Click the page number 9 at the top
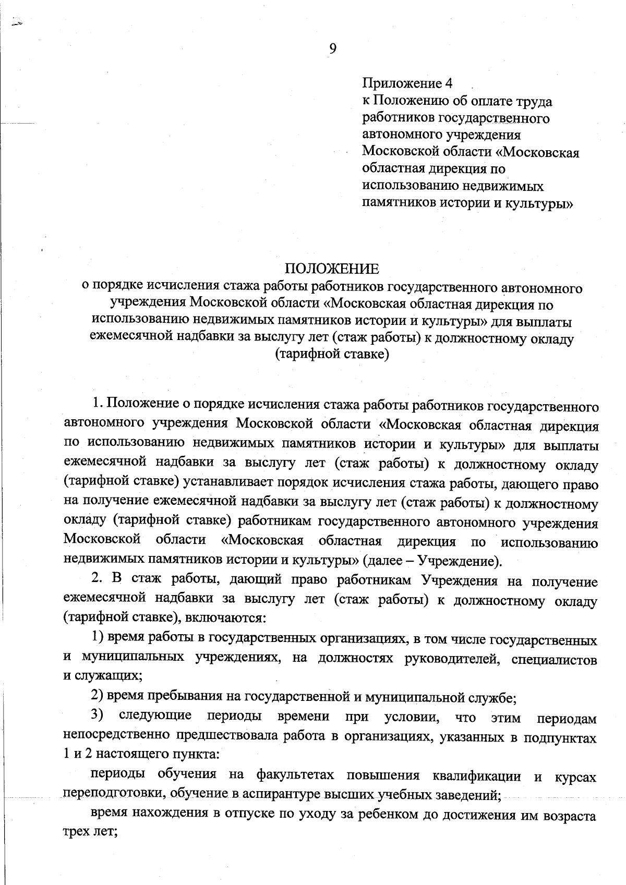(333, 49)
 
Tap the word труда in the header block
(533, 101)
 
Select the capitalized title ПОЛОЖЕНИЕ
(332, 269)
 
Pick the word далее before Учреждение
(386, 561)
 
